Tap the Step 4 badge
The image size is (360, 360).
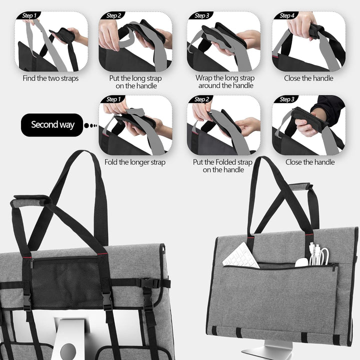[287, 15]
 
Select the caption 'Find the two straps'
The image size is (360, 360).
[50, 78]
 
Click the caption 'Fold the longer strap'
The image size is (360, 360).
[134, 162]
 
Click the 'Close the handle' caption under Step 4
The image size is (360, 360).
[308, 78]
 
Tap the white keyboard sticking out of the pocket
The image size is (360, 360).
[241, 255]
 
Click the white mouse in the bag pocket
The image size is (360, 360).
[301, 262]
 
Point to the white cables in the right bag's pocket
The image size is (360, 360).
[318, 254]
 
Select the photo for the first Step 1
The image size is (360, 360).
[50, 42]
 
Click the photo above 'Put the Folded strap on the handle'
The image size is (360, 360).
[223, 125]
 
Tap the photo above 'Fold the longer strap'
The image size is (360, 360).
[135, 125]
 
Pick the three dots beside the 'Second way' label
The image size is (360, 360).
[90, 125]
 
